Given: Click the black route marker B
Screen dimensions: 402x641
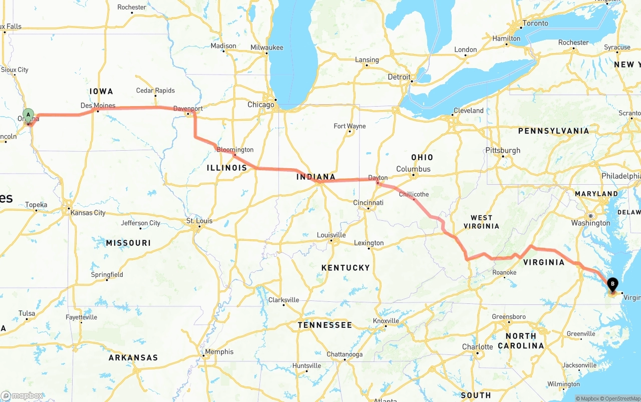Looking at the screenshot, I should point(612,284).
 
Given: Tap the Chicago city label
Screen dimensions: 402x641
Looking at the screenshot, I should point(261,105).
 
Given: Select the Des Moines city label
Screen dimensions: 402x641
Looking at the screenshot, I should point(98,106).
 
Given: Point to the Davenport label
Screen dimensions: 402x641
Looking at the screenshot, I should point(188,109).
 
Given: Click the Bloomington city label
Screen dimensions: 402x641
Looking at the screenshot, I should point(235,150).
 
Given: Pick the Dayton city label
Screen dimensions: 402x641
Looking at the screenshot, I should point(378,178).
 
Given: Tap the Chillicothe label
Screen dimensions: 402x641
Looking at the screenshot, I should point(414,194).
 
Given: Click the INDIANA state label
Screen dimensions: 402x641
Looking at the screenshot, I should point(315,177).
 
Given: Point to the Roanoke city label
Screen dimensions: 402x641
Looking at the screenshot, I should point(504,272).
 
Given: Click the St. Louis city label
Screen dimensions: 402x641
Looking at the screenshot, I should point(199,221).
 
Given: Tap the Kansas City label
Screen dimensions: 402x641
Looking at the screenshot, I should point(88,213).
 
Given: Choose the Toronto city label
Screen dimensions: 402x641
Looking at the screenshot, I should point(535,24).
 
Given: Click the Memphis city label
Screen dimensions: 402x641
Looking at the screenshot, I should point(219,352).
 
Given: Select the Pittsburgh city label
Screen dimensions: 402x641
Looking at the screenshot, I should point(503,150).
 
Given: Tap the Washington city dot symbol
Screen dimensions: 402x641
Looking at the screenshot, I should point(590,216).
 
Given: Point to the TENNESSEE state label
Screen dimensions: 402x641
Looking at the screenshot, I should point(325,325).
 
